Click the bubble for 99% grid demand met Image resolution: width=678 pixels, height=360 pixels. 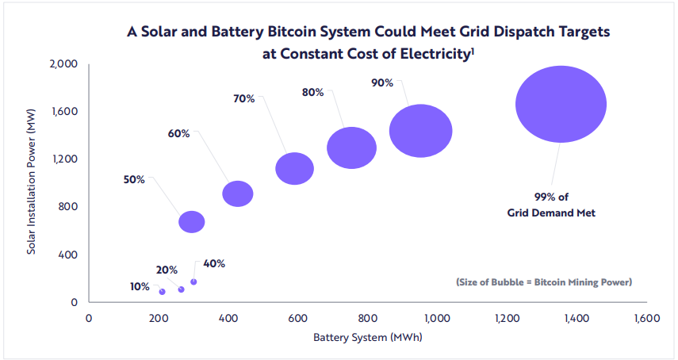pyautogui.click(x=561, y=105)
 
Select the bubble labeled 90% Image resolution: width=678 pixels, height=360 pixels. pyautogui.click(x=420, y=131)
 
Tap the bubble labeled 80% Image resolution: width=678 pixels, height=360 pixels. pyautogui.click(x=351, y=147)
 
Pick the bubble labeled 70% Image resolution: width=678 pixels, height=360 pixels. pyautogui.click(x=295, y=168)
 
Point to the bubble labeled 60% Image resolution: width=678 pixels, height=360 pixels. pyautogui.click(x=238, y=193)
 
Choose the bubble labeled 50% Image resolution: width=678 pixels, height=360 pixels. pyautogui.click(x=192, y=222)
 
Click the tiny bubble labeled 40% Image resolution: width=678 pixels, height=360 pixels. pyautogui.click(x=193, y=281)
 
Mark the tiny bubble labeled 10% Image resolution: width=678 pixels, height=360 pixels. pyautogui.click(x=163, y=292)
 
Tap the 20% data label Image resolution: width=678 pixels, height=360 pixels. pyautogui.click(x=167, y=270)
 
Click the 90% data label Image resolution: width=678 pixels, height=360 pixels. pyautogui.click(x=382, y=82)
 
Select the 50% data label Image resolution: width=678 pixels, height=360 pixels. pyautogui.click(x=134, y=180)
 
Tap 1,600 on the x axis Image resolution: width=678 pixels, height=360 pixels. pyautogui.click(x=647, y=318)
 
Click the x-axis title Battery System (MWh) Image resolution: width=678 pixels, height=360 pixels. pyautogui.click(x=367, y=338)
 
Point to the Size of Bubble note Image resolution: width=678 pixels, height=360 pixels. pyautogui.click(x=543, y=282)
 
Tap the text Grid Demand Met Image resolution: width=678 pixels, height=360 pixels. pyautogui.click(x=551, y=213)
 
